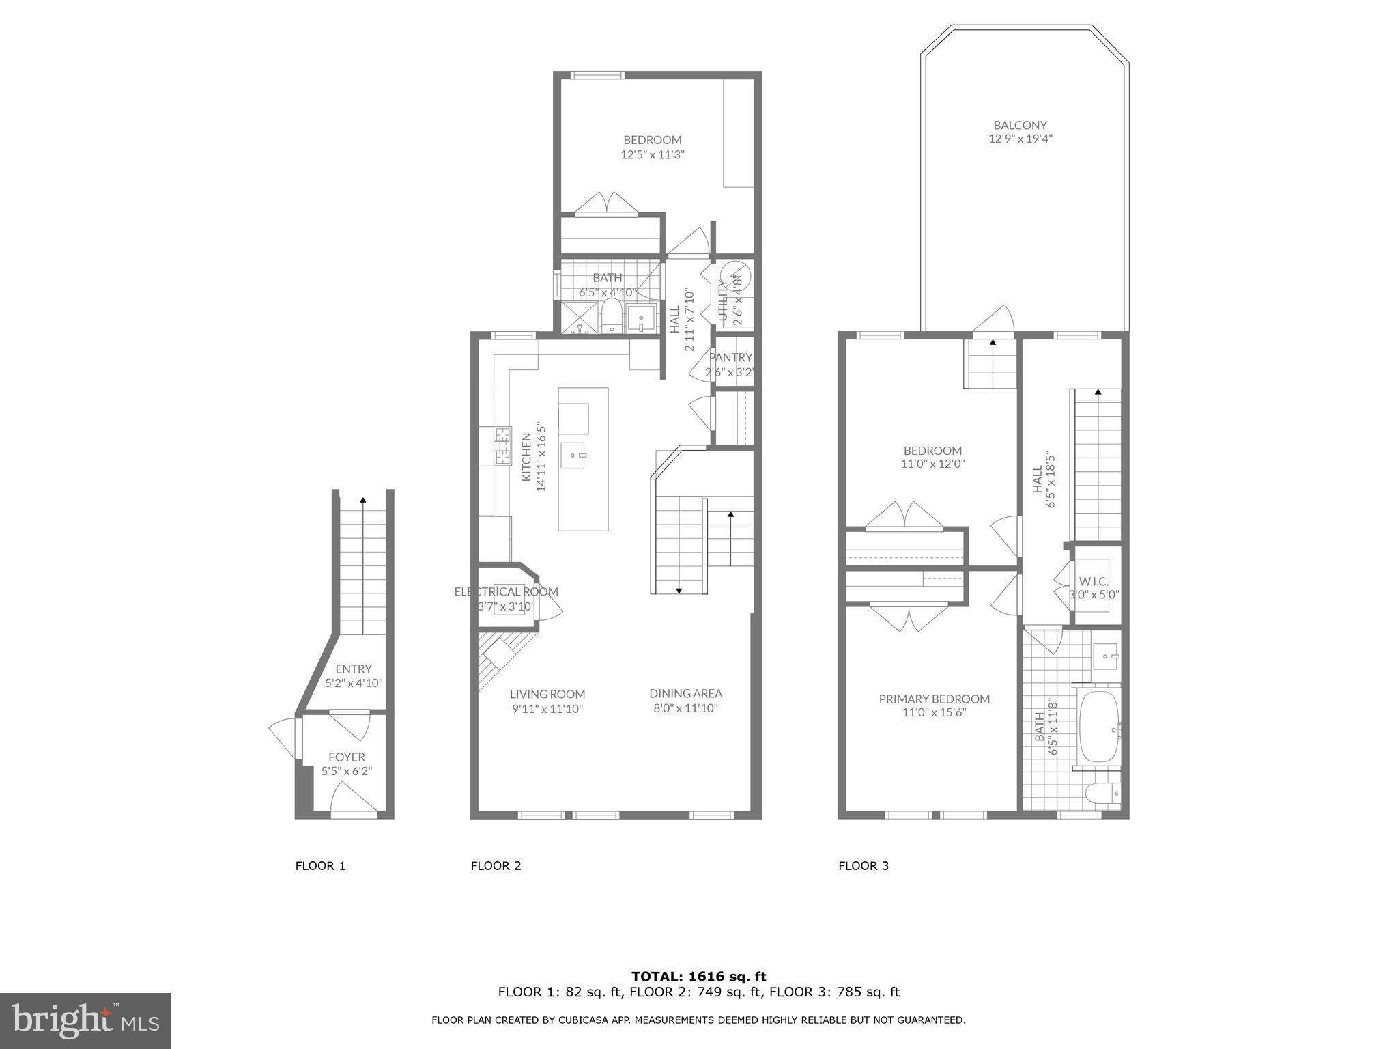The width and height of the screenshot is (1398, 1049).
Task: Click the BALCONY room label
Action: pos(1020,126)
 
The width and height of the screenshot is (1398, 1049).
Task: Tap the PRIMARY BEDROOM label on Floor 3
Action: pos(934,699)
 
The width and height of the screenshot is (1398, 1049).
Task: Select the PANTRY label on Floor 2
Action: pos(730,357)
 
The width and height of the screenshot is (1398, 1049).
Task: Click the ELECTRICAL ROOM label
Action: pos(506,591)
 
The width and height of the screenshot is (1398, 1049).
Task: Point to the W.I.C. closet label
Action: pos(1094,581)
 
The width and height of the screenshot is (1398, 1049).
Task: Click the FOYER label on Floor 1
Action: pos(347,757)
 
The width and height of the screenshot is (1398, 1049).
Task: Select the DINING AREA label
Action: pos(685,693)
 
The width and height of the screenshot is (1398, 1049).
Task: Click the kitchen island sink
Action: pos(573,455)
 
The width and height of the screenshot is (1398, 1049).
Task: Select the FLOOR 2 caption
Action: pos(496,866)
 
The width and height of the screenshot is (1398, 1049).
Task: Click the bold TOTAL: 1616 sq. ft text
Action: pos(698,977)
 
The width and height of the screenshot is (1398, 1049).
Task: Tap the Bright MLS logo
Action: pos(85,1020)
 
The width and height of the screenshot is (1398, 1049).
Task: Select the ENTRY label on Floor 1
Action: pos(354,669)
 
